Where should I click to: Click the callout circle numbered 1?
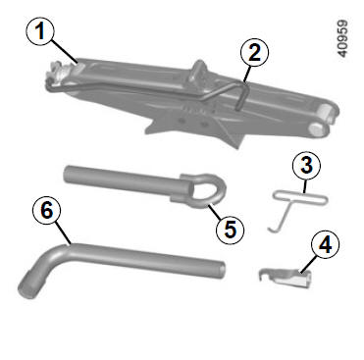40,31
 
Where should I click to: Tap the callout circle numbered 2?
254,53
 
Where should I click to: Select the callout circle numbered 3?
306,166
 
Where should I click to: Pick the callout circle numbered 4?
325,244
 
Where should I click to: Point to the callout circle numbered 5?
231,230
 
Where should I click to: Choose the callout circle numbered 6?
47,210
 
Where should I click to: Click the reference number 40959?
342,38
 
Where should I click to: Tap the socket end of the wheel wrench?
27,288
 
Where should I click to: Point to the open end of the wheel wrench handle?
222,270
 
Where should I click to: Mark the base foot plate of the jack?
196,129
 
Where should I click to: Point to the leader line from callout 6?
63,232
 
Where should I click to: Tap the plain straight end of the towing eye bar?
68,174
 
